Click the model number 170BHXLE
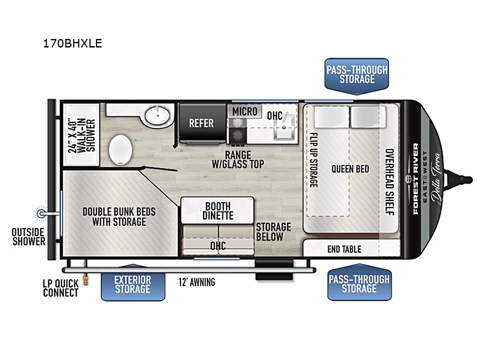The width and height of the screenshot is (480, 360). point(72,44)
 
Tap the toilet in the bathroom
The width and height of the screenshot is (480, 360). point(120,150)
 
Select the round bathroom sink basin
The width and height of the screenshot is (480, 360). point(157,116)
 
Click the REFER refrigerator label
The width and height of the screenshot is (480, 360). point(201,123)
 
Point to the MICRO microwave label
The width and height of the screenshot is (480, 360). point(245,111)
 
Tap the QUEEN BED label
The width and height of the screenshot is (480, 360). point(350,168)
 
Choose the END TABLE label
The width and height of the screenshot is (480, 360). point(344,249)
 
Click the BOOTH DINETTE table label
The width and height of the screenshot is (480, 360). point(217,211)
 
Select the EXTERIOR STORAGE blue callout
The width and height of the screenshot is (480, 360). point(133,284)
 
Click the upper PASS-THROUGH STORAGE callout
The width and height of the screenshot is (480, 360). point(357,75)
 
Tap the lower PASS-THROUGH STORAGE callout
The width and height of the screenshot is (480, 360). point(360,283)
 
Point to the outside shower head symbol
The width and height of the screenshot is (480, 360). point(41,214)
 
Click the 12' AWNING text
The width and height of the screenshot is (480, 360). point(197,282)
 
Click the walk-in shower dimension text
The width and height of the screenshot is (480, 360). point(82,135)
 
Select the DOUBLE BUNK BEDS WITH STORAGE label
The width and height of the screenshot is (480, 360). point(119,216)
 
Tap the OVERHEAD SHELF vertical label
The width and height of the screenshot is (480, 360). point(389,182)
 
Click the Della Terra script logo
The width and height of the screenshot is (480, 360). point(436,178)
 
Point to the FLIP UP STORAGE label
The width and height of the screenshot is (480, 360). point(313,160)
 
